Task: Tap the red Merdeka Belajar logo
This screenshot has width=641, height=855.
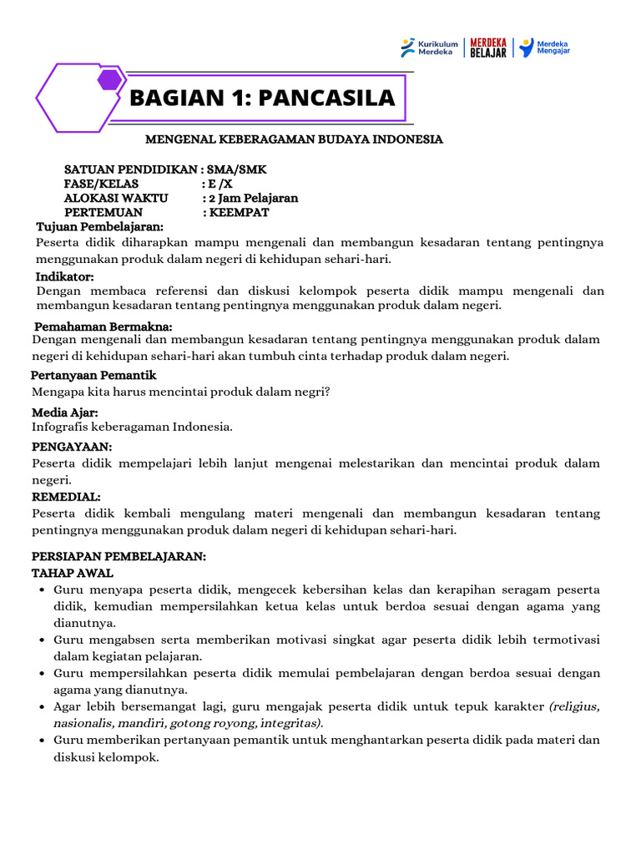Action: (488, 48)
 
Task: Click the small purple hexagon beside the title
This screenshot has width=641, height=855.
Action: (109, 80)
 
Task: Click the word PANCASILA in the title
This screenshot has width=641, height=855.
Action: (326, 99)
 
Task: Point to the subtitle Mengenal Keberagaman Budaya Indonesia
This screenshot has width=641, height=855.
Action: (295, 139)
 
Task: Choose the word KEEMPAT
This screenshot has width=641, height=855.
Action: (241, 213)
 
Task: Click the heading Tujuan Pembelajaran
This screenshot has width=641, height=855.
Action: (99, 227)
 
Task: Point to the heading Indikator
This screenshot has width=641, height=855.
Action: (64, 276)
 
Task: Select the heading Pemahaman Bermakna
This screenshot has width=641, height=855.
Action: (103, 326)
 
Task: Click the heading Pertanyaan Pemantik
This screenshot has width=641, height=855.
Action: (93, 376)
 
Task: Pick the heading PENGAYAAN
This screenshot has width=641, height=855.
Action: (72, 448)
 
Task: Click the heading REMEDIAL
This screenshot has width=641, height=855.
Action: (66, 497)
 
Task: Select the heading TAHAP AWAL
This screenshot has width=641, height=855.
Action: (72, 573)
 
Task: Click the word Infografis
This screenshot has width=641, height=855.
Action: (61, 427)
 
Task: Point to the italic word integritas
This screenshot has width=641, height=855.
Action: (291, 723)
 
